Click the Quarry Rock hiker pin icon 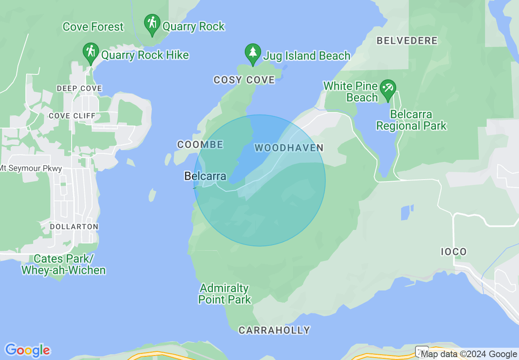[152, 24]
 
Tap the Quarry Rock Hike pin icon [90, 52]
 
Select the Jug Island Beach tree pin [253, 53]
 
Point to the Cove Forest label [93, 27]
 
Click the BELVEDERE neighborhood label [407, 40]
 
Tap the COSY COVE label [244, 80]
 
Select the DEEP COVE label [79, 88]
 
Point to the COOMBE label [200, 144]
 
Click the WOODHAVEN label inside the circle [289, 148]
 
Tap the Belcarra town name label [205, 176]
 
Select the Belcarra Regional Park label [411, 120]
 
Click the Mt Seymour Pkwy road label [31, 169]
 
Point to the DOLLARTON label [74, 227]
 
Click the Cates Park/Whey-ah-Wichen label [63, 264]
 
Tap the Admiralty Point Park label [224, 294]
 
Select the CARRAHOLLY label [274, 330]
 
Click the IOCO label [454, 252]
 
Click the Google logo [28, 350]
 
